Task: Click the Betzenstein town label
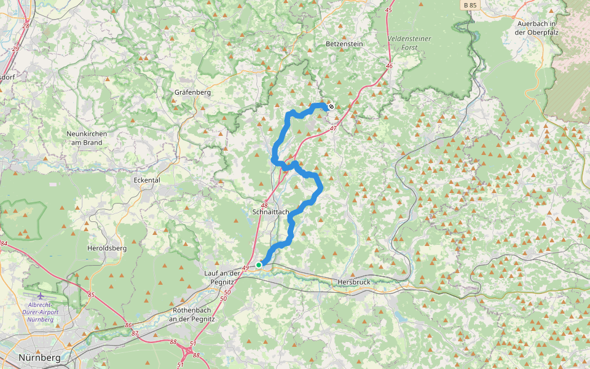tap(344, 44)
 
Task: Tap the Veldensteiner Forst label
tap(409, 42)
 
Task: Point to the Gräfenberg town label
tap(192, 92)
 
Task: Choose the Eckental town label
tap(146, 180)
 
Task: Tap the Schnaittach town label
tap(270, 212)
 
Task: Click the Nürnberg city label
tap(39, 357)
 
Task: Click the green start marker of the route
tap(259, 264)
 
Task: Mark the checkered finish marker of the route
tap(331, 106)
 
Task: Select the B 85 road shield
tap(470, 5)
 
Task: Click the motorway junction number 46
tap(389, 66)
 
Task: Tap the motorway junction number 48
tap(265, 205)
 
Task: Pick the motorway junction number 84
tap(4, 244)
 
